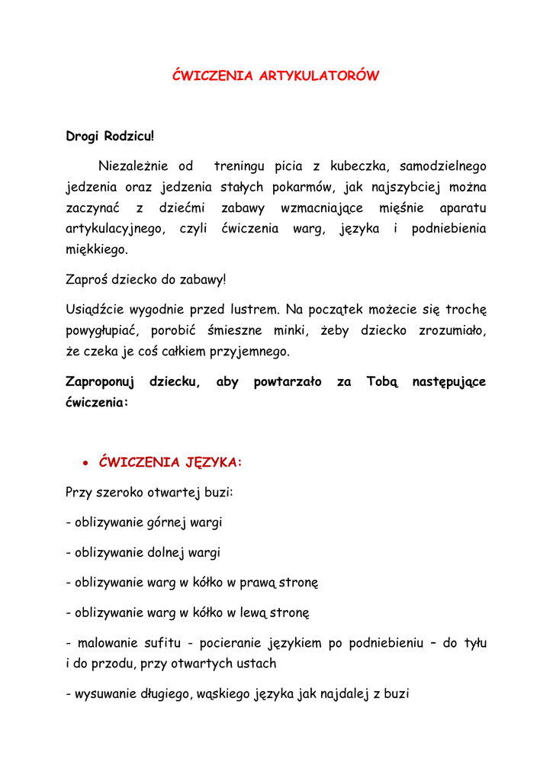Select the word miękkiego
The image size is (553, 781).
(x=97, y=250)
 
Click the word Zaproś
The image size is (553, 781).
(x=87, y=280)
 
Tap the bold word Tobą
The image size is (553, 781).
(x=382, y=381)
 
